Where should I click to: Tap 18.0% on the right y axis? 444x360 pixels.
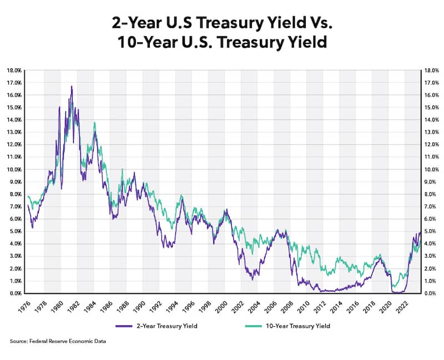coord(431,71)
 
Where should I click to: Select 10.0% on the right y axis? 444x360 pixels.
coord(431,169)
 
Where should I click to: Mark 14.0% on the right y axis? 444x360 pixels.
coord(431,120)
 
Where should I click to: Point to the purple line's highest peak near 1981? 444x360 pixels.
coord(72,87)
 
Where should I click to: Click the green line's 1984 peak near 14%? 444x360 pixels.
coord(94,123)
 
